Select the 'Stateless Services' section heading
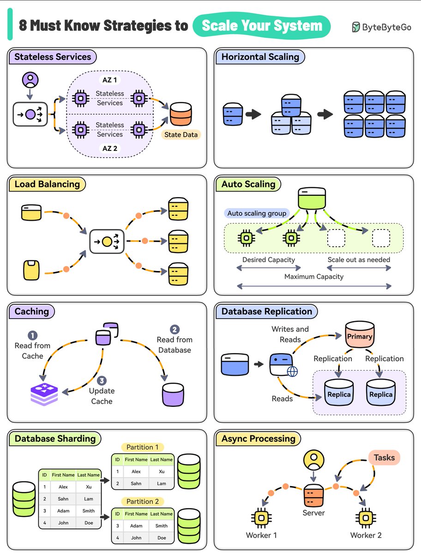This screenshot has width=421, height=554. pos(53,57)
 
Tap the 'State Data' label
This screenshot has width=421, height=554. pos(181,135)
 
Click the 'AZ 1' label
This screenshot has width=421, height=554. pos(109,80)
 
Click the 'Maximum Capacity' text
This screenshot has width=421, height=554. pos(314,277)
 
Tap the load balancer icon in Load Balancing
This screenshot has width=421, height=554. pos(107,241)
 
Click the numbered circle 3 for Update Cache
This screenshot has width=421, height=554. pos(102,381)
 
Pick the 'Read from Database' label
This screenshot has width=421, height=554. pos(174,345)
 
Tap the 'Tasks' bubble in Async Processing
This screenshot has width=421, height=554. pos(384,457)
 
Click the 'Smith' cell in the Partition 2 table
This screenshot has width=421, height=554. pos(162,526)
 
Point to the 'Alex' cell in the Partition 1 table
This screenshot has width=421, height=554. pos(136,472)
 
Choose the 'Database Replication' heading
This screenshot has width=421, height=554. pos(266,312)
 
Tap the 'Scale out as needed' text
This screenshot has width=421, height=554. pos(359,259)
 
